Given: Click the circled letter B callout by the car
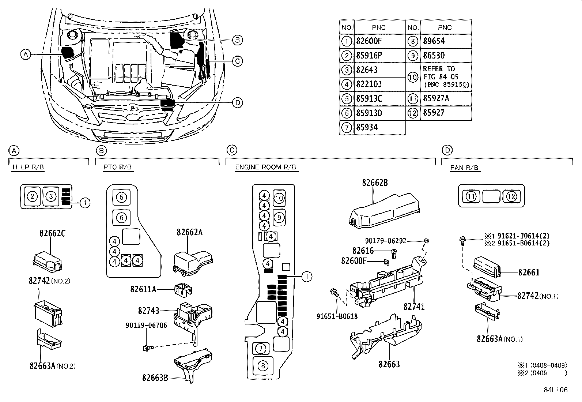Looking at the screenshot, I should [237, 40].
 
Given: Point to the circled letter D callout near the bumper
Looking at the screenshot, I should [237, 102].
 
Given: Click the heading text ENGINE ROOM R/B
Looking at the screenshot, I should [265, 167].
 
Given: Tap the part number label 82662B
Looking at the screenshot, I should [375, 183].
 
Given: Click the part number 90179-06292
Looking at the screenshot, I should [386, 241].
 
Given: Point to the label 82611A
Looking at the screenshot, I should [143, 289].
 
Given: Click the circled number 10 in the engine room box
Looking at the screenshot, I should [279, 198].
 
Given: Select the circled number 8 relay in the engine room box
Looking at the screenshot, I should [262, 365].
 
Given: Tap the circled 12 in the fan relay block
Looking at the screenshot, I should [511, 197].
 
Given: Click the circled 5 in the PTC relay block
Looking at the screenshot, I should [121, 198].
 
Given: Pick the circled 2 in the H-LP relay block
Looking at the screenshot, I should [33, 197].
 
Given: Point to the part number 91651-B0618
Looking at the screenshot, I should [337, 316].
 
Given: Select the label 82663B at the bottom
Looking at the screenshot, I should [155, 377].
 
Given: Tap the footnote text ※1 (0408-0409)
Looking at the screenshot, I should [542, 365].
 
